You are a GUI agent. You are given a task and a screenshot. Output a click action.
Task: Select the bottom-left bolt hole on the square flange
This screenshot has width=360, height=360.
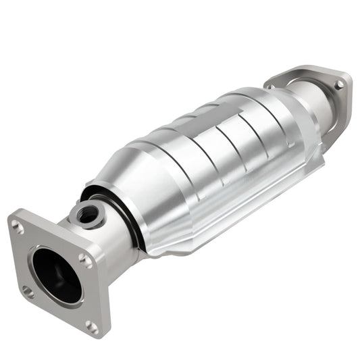tap(28, 292)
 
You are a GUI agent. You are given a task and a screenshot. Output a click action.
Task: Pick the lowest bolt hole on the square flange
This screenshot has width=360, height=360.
tap(92, 326)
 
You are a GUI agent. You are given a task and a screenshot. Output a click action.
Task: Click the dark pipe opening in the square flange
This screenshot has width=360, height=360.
tap(57, 274)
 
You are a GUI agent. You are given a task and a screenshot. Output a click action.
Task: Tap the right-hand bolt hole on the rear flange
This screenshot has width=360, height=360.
tap(339, 84)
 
